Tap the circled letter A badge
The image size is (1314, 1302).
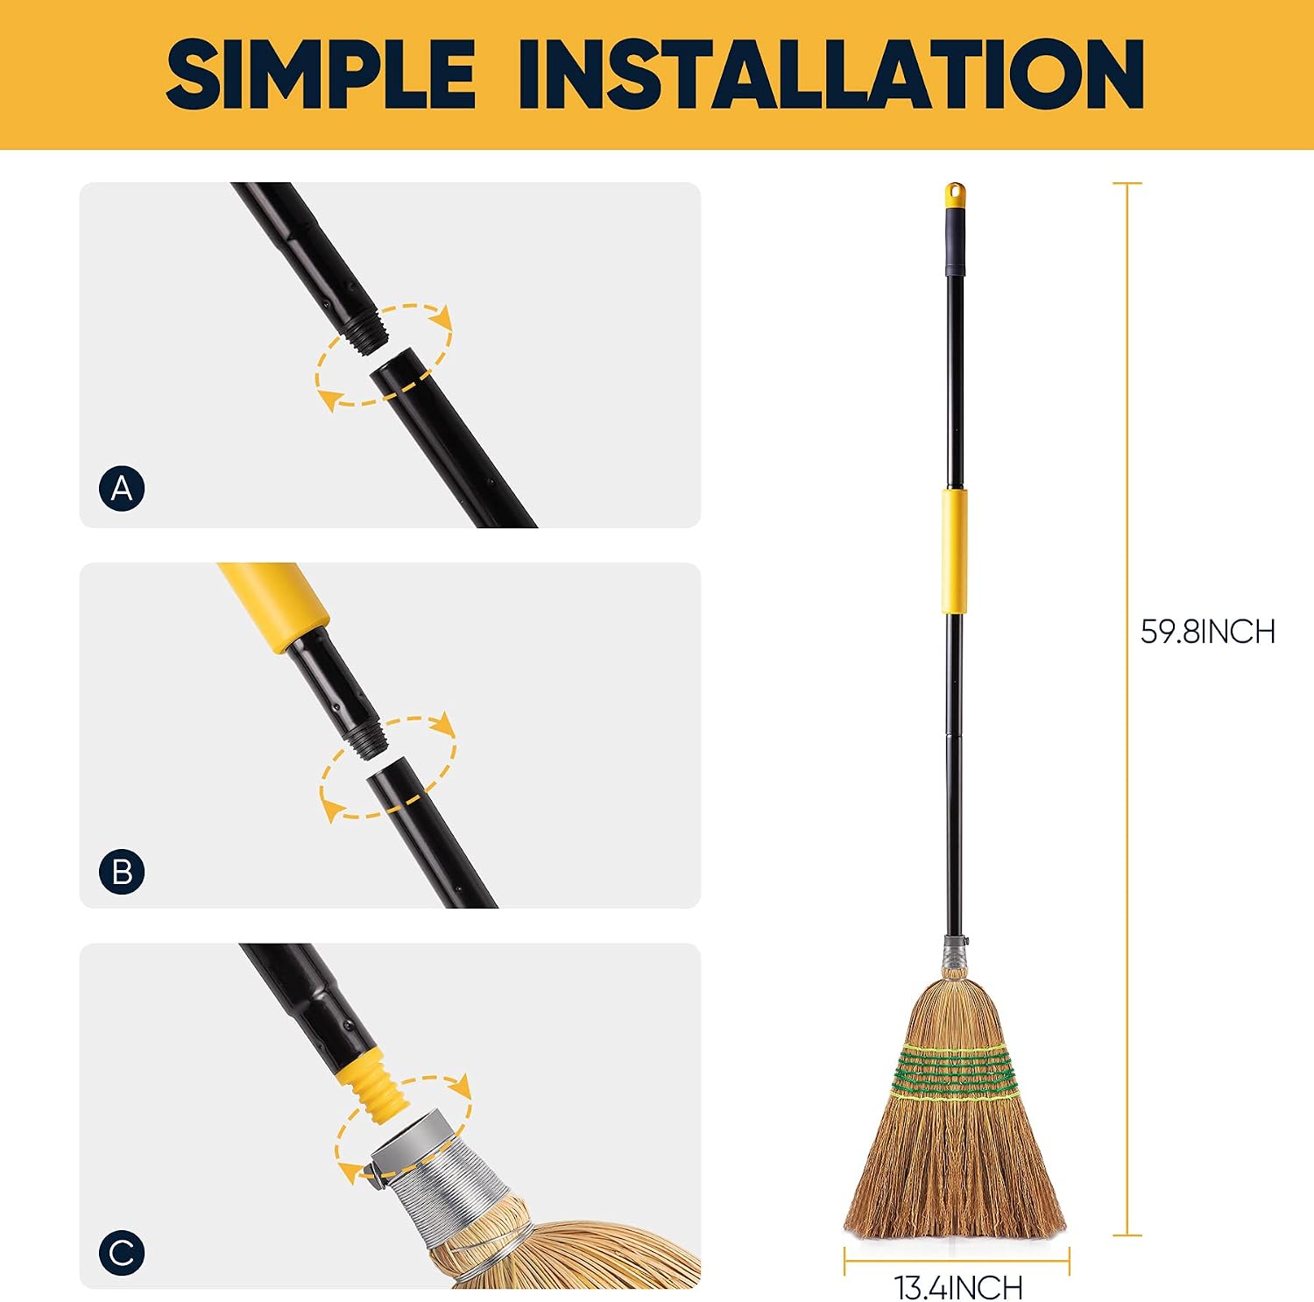pyautogui.click(x=122, y=488)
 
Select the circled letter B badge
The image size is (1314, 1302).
pyautogui.click(x=122, y=872)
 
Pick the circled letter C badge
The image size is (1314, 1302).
pyautogui.click(x=122, y=1253)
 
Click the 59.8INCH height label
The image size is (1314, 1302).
pyautogui.click(x=1207, y=632)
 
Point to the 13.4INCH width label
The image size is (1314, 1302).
pyautogui.click(x=958, y=1287)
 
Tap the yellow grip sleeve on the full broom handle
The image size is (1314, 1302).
pyautogui.click(x=955, y=552)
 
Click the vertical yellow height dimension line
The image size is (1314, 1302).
pyautogui.click(x=1127, y=709)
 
